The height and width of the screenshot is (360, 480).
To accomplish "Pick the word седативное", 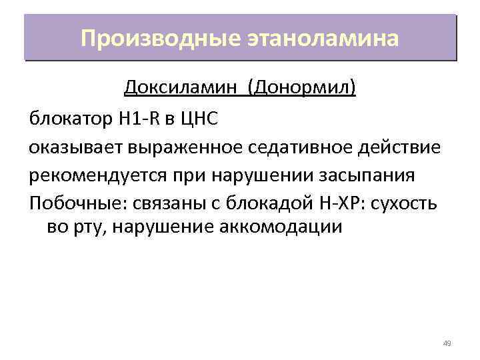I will click(x=296, y=147).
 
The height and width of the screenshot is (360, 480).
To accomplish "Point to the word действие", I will click(x=402, y=147).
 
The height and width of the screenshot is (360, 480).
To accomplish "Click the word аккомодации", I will click(x=280, y=227).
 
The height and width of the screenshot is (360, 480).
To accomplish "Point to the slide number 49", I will click(x=447, y=343).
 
